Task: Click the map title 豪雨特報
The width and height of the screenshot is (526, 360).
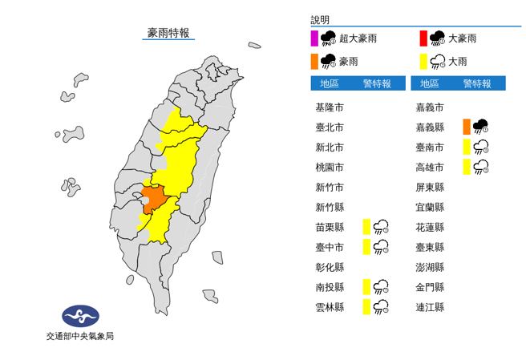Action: pos(168,33)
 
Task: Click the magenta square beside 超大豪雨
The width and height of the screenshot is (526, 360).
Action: pos(314,38)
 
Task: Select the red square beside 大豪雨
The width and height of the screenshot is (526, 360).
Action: pos(423,38)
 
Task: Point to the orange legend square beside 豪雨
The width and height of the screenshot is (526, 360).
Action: pos(314,61)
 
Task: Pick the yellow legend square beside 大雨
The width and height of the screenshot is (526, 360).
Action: pos(423,61)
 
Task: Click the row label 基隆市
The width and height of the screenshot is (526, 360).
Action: pos(329,107)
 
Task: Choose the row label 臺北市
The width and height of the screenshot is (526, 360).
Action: pos(329,127)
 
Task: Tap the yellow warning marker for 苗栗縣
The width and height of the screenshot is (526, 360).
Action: pos(366,227)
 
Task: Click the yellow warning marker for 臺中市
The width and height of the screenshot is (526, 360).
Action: pos(366,247)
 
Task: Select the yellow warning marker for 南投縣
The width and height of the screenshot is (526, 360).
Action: pos(366,287)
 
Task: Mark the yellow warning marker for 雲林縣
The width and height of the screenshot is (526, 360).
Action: pos(366,307)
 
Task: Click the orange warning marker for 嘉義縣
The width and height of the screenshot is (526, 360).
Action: pos(466,127)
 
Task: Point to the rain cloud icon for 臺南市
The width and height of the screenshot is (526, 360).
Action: pos(481,147)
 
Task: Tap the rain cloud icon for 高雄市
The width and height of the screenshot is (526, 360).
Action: pos(481,167)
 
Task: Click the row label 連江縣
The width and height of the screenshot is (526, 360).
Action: pos(430,307)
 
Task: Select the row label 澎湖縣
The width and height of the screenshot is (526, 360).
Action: pos(430,267)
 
